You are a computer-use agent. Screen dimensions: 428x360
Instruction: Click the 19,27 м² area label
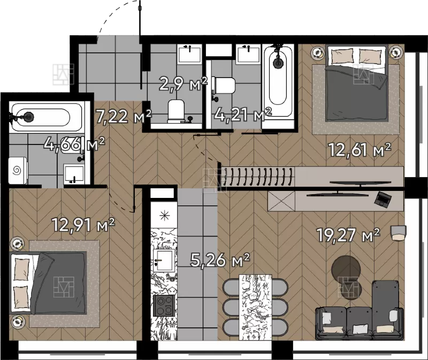[348, 235]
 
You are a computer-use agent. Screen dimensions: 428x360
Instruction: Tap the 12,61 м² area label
[360, 150]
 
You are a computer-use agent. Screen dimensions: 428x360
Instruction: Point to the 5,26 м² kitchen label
[220, 260]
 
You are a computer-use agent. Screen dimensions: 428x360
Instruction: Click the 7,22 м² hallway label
[124, 117]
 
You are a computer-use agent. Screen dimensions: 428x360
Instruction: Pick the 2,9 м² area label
[183, 83]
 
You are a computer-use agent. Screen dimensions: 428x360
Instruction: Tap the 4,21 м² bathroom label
[243, 114]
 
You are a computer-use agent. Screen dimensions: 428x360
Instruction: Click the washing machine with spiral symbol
[18, 171]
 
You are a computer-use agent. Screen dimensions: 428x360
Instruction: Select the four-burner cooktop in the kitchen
[164, 305]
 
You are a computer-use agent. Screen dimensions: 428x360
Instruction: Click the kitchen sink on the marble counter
[164, 261]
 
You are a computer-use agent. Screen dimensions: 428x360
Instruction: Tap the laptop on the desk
[383, 198]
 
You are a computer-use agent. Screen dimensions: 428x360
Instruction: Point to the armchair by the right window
[399, 233]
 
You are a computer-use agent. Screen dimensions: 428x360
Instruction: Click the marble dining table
[256, 308]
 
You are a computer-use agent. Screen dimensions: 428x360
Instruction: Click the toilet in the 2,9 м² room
[176, 111]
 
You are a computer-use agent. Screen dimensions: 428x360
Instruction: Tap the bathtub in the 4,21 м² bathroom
[278, 80]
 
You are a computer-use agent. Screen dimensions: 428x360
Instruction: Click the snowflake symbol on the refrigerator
[164, 216]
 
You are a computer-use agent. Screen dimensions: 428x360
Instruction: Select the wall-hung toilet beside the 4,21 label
[223, 86]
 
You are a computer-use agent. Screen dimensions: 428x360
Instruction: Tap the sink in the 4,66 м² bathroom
[74, 173]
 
